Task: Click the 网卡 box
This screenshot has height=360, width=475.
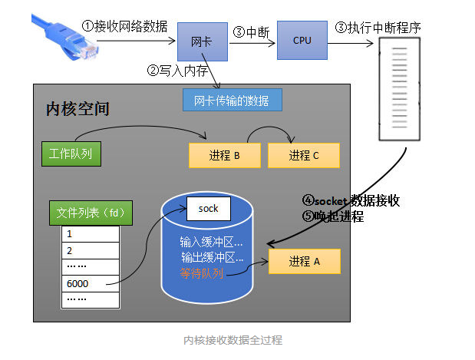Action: point(203,41)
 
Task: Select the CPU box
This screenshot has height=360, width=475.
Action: point(302,40)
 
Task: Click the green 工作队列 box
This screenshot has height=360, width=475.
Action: point(71,153)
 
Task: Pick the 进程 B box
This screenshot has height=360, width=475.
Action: point(224,155)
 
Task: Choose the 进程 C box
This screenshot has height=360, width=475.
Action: point(304,155)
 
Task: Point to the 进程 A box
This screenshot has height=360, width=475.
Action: point(304,261)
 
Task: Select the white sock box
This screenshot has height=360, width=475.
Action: point(209,208)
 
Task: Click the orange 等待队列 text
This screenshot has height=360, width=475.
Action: point(201,272)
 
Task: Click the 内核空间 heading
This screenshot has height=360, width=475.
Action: point(78,108)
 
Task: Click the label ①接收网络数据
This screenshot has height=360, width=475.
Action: point(126,26)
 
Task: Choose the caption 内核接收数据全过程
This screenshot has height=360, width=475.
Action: point(233,339)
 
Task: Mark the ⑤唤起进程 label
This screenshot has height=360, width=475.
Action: point(333,217)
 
